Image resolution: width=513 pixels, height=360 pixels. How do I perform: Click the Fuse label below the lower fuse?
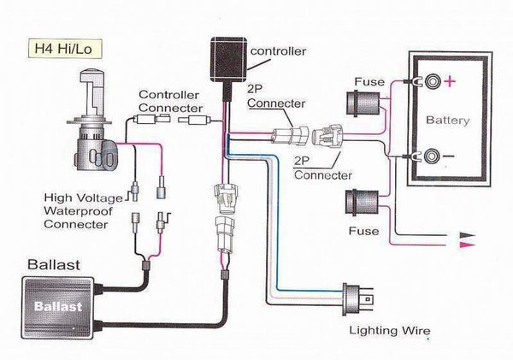coord(363,231)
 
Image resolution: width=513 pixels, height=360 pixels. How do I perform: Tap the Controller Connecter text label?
coord(168,103)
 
